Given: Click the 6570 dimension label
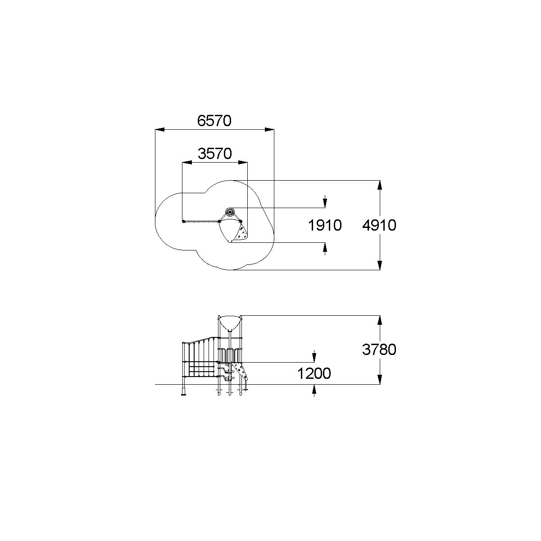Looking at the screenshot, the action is click(214, 121).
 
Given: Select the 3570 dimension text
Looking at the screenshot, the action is click(215, 154).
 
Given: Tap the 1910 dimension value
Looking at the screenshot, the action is click(325, 225).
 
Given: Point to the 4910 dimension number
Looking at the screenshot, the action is click(379, 225).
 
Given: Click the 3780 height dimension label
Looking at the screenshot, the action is click(379, 350).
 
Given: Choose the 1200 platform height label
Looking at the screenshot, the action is click(314, 374).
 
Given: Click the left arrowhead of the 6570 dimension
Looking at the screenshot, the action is click(160, 129).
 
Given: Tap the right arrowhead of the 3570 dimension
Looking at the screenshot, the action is click(243, 162).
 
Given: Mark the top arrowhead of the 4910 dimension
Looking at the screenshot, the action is click(380, 185).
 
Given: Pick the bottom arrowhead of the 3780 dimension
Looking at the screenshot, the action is click(380, 380).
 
